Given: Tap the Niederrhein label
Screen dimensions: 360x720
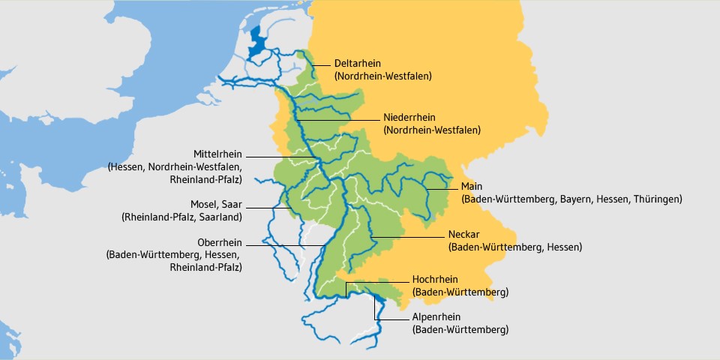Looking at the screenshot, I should coord(409,118).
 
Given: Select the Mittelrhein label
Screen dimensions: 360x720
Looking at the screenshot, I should coord(217,153).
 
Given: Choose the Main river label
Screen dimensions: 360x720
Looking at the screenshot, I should coord(472,186).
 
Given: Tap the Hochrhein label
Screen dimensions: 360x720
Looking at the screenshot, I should coord(435,279).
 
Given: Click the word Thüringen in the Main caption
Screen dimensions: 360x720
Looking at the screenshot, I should coord(655,199).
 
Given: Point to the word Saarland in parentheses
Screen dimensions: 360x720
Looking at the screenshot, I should coord(217,217).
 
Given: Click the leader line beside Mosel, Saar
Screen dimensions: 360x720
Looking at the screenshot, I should coord(266,205).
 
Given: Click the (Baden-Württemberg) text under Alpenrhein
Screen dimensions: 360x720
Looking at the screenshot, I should coord(460,329).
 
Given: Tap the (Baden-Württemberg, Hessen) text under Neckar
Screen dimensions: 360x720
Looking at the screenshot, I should coord(514,247).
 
